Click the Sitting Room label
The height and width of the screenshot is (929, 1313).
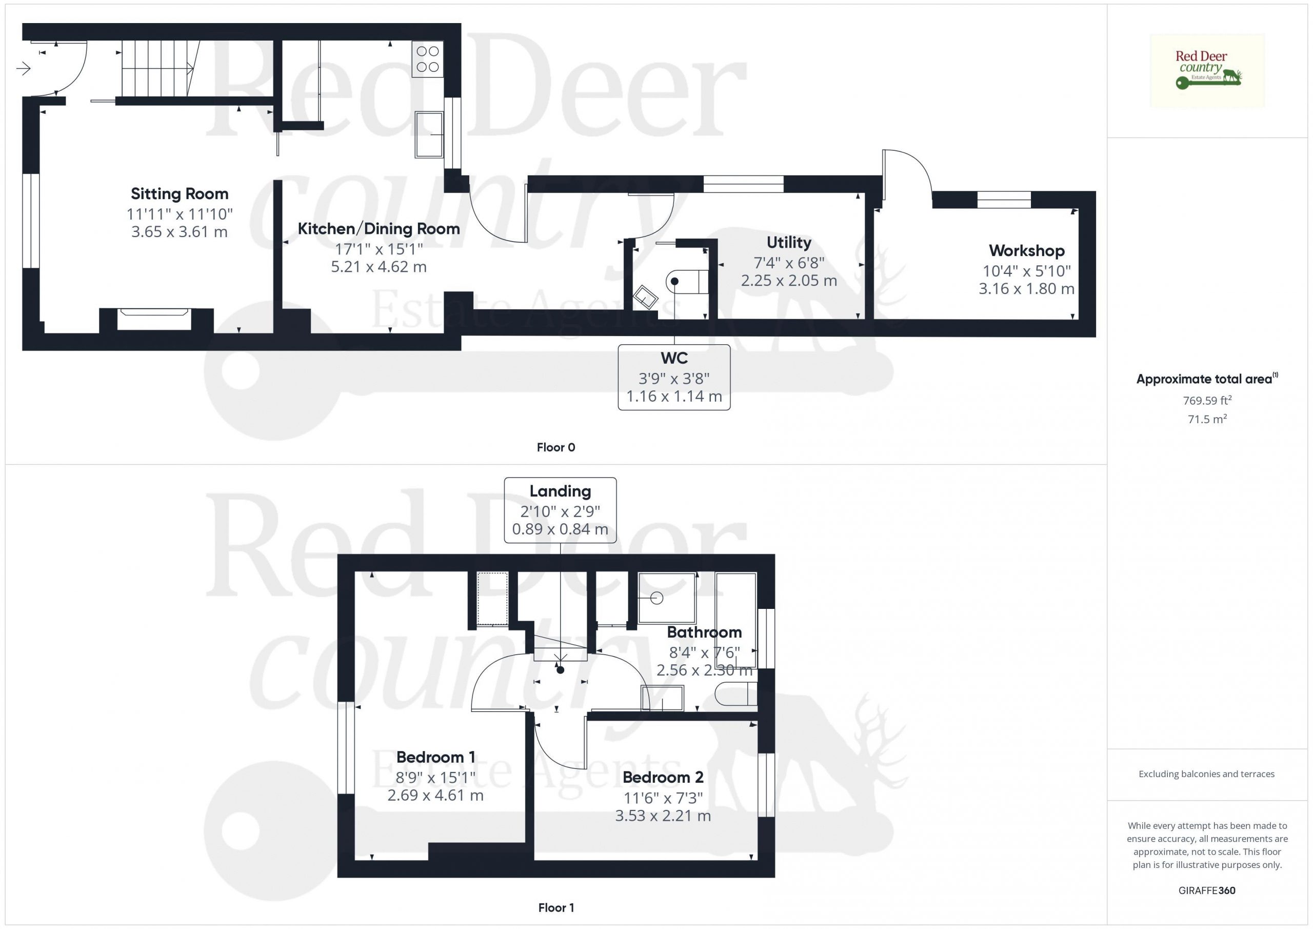[180, 194]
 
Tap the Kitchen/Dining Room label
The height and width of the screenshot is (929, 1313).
[379, 229]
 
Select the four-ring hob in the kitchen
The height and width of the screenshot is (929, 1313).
[428, 59]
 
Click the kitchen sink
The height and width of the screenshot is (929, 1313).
[429, 134]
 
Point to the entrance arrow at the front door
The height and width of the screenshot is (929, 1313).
[24, 69]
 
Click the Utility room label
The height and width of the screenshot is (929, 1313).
[789, 243]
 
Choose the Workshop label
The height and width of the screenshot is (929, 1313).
[1026, 250]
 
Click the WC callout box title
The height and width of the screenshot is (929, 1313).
[674, 358]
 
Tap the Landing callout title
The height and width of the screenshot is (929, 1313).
[560, 491]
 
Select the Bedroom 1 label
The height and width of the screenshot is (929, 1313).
[436, 757]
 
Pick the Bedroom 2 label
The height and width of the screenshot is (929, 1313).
[663, 777]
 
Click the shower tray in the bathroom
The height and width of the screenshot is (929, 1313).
[667, 598]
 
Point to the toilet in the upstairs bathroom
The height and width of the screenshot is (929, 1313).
[737, 694]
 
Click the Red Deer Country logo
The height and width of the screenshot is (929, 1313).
[1207, 71]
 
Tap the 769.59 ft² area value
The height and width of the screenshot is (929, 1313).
[1207, 401]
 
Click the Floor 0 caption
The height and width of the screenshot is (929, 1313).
[556, 447]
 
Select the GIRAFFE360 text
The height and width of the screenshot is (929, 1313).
[1207, 890]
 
